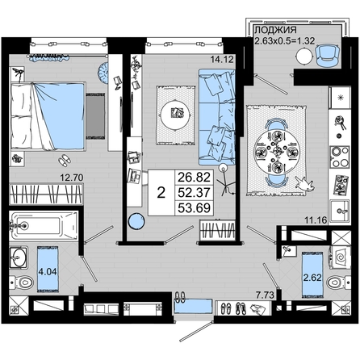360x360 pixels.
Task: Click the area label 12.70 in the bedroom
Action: (x=72, y=178)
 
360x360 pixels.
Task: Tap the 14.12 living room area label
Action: (x=222, y=59)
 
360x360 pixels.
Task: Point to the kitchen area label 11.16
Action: (x=316, y=220)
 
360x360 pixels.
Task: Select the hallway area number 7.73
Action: (x=265, y=295)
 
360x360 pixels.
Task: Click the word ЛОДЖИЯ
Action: (x=275, y=30)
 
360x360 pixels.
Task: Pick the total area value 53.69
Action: (x=194, y=208)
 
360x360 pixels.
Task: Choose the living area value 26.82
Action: (x=194, y=178)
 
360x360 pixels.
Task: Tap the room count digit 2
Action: (x=161, y=193)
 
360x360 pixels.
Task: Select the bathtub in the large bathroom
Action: (x=44, y=225)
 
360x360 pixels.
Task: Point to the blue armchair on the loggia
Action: (x=327, y=55)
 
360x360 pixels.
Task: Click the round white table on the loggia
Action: (x=304, y=57)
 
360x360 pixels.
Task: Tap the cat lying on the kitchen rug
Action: (x=304, y=184)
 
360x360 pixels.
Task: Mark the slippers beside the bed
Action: (x=65, y=161)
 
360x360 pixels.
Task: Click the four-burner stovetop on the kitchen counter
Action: (x=340, y=157)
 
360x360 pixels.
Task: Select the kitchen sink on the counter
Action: (x=340, y=211)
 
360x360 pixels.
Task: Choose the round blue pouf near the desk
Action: (x=136, y=221)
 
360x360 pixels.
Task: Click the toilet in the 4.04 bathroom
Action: (x=22, y=283)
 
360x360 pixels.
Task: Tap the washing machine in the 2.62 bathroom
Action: (x=340, y=257)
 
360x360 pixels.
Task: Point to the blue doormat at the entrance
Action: (x=193, y=307)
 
